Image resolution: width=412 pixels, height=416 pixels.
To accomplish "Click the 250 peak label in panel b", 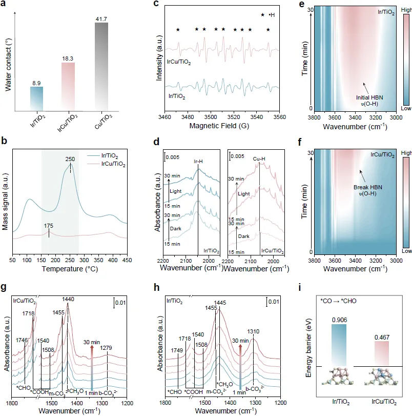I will (x=70, y=160).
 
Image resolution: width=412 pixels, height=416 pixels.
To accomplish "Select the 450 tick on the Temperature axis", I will (x=126, y=260).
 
